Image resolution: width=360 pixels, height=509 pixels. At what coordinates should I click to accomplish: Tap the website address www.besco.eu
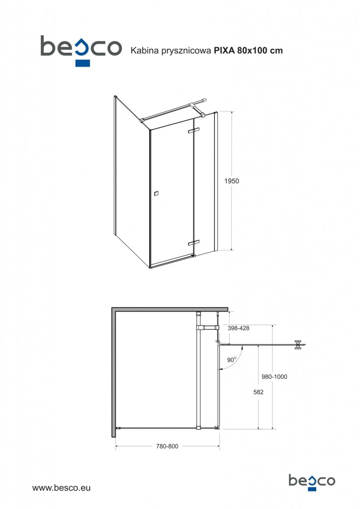pyautogui.click(x=61, y=488)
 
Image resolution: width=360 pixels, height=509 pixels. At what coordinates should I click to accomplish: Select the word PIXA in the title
pyautogui.click(x=224, y=51)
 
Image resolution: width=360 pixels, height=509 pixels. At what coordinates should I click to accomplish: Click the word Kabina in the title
pyautogui.click(x=140, y=51)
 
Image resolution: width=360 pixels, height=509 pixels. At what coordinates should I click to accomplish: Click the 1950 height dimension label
pyautogui.click(x=232, y=181)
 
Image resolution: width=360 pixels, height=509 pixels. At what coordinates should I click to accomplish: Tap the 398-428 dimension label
pyautogui.click(x=239, y=328)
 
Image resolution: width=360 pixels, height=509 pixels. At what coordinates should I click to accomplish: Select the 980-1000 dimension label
pyautogui.click(x=274, y=377)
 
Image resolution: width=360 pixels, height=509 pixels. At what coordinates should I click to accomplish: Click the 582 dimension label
pyautogui.click(x=259, y=392)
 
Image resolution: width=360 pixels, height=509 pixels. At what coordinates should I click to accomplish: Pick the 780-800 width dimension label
pyautogui.click(x=167, y=446)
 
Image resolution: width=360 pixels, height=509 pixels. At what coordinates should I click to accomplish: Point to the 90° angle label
pyautogui.click(x=231, y=360)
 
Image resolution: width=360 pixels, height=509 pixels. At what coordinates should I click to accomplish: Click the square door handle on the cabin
pyautogui.click(x=157, y=193)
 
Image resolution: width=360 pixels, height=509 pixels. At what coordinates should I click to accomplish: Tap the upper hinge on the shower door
pyautogui.click(x=193, y=130)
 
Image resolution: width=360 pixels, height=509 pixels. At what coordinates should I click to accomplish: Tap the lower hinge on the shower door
pyautogui.click(x=193, y=243)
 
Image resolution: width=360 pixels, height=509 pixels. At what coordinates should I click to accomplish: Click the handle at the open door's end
pyautogui.click(x=298, y=345)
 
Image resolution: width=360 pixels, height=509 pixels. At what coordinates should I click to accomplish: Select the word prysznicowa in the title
pyautogui.click(x=182, y=51)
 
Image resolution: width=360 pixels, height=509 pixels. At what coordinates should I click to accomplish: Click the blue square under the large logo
pyautogui.click(x=83, y=63)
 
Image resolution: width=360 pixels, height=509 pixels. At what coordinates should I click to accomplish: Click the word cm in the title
pyautogui.click(x=277, y=51)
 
